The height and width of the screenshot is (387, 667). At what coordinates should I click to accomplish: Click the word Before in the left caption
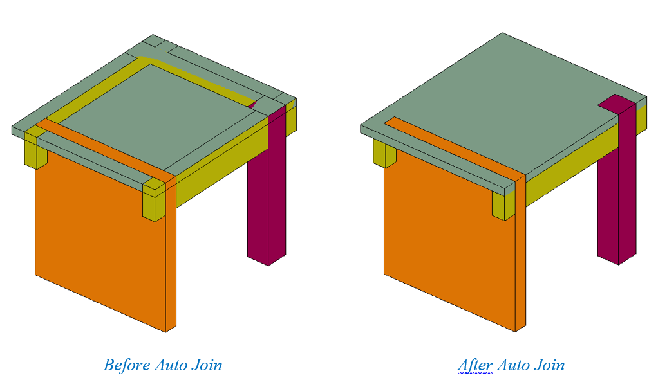point(127,366)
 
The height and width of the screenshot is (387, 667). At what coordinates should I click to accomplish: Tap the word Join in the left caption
point(207,366)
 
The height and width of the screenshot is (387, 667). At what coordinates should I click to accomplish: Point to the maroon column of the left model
point(258,212)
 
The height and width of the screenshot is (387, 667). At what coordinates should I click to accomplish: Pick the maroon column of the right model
point(608,212)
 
